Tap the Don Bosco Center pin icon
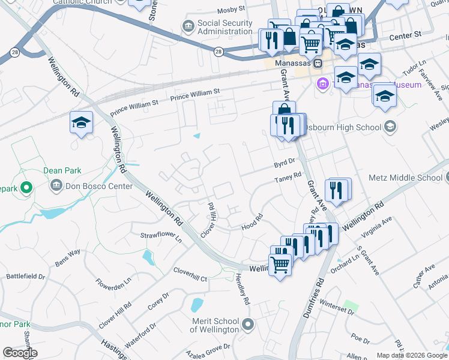[x=56, y=186]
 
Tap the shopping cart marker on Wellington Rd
[x=280, y=263]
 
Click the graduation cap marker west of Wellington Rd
[x=81, y=123]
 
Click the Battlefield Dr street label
[x=25, y=277]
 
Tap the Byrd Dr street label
[x=285, y=161]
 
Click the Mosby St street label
[x=231, y=10]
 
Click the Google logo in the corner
[x=20, y=353]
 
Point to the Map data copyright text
[x=412, y=355]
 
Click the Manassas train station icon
[x=318, y=63]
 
